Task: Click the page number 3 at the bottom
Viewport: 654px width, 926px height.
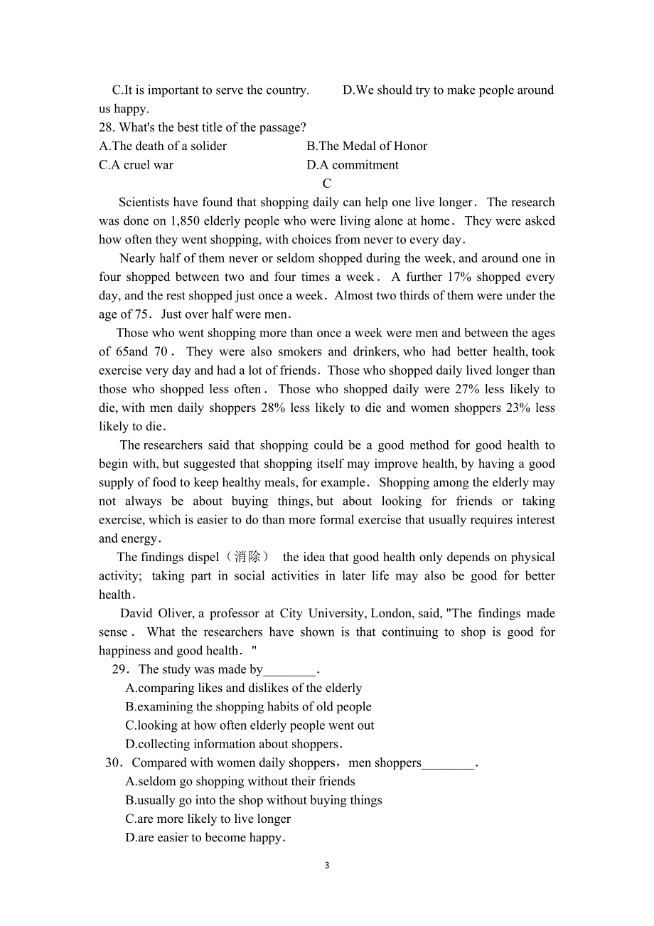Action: pyautogui.click(x=327, y=866)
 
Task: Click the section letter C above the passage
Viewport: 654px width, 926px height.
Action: pyautogui.click(x=327, y=183)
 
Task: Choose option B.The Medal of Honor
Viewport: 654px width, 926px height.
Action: pyautogui.click(x=367, y=147)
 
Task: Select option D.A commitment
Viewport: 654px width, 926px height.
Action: pyautogui.click(x=353, y=165)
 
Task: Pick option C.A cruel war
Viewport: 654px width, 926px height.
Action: pyautogui.click(x=136, y=165)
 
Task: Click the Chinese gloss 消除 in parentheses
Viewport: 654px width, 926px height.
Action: pyautogui.click(x=247, y=558)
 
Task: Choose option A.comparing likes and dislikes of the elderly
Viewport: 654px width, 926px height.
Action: pyautogui.click(x=243, y=688)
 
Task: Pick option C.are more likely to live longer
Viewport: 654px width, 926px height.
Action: pyautogui.click(x=208, y=819)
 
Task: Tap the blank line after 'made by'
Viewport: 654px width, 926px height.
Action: pyautogui.click(x=289, y=670)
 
